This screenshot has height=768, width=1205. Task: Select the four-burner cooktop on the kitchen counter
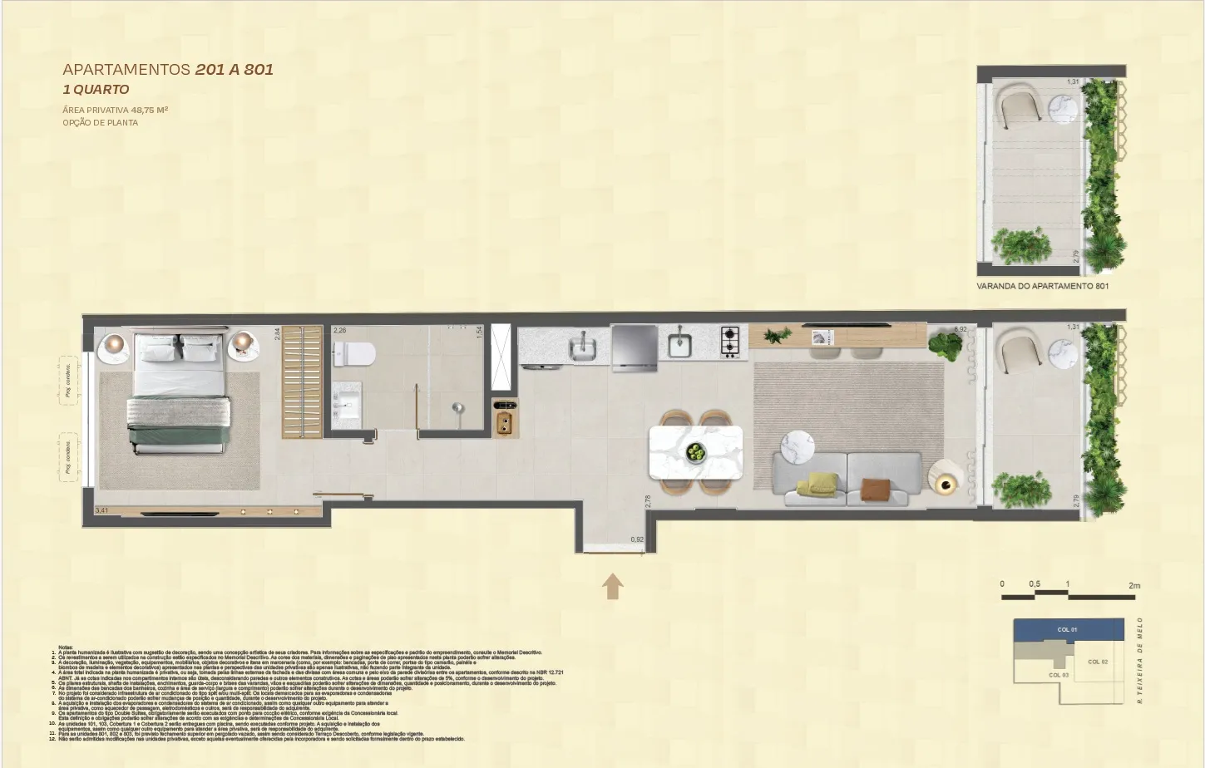730,341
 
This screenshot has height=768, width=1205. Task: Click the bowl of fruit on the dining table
695,452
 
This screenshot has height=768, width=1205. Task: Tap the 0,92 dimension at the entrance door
637,540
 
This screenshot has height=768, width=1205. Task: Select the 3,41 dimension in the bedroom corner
101,510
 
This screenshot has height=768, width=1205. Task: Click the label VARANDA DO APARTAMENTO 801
1042,286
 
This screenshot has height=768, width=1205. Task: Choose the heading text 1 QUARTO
96,90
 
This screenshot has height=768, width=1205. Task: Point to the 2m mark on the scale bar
1134,586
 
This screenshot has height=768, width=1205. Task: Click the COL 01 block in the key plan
1067,629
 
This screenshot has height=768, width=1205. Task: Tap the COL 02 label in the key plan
1098,662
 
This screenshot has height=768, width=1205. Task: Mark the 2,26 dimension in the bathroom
339,331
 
